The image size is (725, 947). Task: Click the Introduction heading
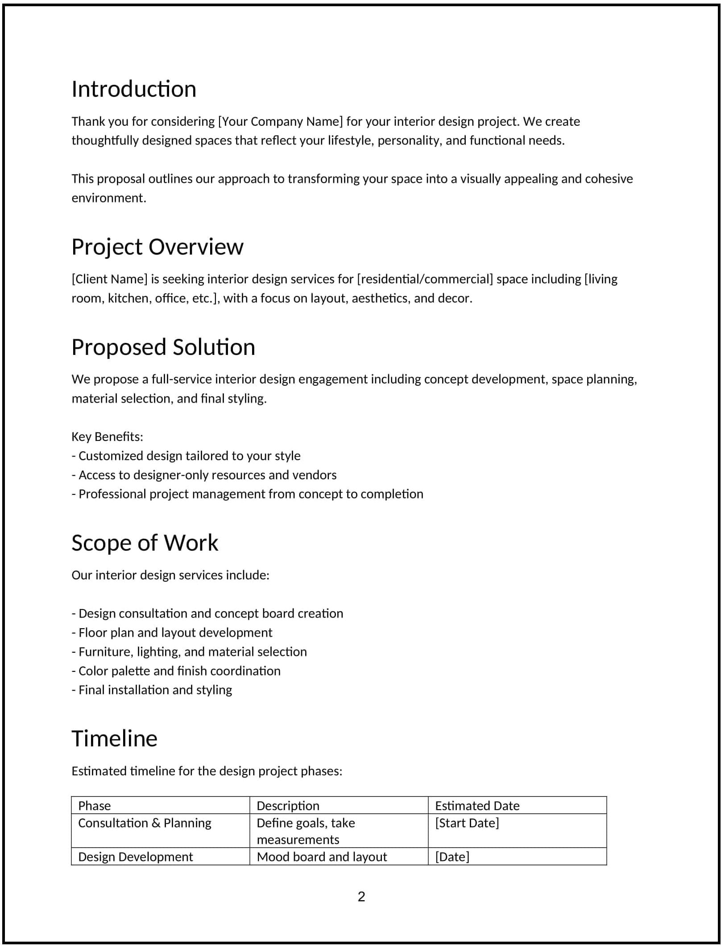134,89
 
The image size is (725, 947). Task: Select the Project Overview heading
157,247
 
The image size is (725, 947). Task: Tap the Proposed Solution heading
163,347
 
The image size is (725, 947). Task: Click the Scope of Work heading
145,543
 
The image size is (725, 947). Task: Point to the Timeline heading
115,739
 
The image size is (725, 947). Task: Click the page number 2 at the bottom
361,897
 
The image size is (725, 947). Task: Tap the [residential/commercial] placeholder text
425,279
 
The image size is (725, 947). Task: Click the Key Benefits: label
108,436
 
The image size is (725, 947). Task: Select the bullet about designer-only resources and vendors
204,475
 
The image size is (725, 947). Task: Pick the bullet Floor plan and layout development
172,633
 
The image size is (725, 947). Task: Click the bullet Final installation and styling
152,690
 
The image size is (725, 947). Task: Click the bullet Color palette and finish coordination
176,671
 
